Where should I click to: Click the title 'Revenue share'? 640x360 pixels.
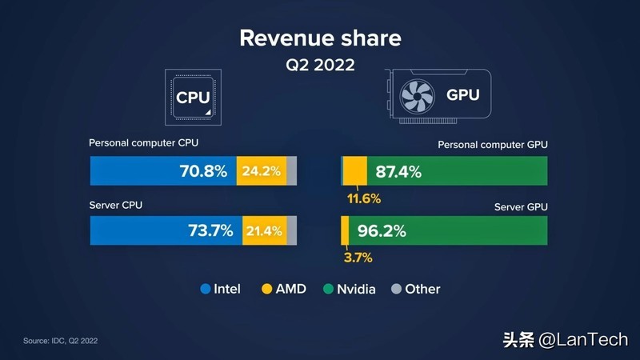pyautogui.click(x=320, y=38)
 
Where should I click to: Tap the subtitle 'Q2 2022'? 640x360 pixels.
pyautogui.click(x=320, y=64)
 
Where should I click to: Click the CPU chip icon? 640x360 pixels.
pyautogui.click(x=193, y=96)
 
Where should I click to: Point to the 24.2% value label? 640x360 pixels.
pyautogui.click(x=262, y=171)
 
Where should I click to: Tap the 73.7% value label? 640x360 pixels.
pyautogui.click(x=210, y=231)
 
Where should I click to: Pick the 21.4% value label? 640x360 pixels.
pyautogui.click(x=264, y=231)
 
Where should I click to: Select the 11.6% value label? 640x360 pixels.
pyautogui.click(x=363, y=198)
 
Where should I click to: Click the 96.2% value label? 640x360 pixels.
pyautogui.click(x=382, y=231)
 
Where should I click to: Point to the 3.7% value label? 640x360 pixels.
pyautogui.click(x=358, y=258)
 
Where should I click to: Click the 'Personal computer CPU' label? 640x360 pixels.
pyautogui.click(x=143, y=143)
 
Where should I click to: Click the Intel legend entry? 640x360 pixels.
pyautogui.click(x=220, y=289)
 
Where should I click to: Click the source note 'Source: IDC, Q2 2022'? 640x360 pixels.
pyautogui.click(x=60, y=342)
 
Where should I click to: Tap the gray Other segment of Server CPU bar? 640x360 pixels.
pyautogui.click(x=292, y=231)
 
